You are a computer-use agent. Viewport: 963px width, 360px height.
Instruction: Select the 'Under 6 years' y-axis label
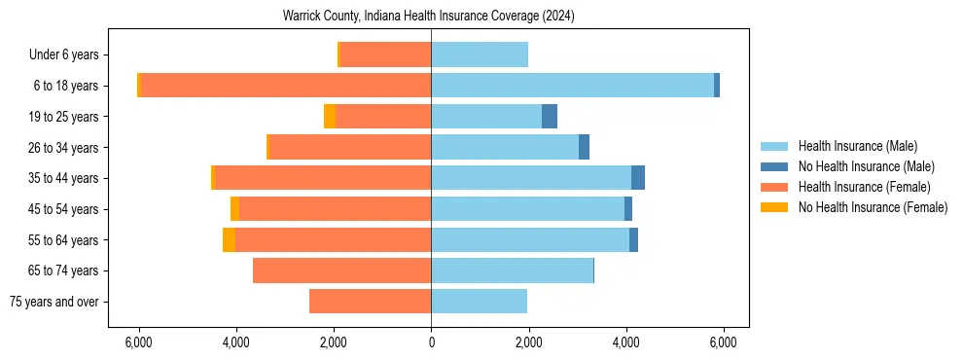coord(69,55)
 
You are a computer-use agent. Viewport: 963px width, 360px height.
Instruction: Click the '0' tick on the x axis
coord(431,343)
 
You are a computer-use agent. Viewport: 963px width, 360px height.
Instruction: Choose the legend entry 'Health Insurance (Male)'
coord(857,147)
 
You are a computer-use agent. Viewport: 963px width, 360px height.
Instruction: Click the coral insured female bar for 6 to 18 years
coord(287,86)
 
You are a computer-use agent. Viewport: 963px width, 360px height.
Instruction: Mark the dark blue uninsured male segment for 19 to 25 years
coord(550,117)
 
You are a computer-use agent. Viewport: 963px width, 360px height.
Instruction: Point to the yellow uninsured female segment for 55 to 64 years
coord(229,239)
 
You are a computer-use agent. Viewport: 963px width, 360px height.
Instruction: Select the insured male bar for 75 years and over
coord(479,302)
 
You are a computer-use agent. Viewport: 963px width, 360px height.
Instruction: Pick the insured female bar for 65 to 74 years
coord(341,270)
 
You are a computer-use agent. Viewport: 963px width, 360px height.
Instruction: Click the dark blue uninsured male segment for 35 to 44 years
coord(638,178)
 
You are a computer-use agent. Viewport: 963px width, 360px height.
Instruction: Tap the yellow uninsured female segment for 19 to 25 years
coord(330,117)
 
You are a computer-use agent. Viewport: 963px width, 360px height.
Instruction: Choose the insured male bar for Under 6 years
coord(480,55)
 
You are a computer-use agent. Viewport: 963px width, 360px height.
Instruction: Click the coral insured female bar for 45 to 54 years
coord(335,209)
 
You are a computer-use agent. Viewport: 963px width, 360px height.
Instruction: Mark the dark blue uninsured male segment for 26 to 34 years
coord(584,147)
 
